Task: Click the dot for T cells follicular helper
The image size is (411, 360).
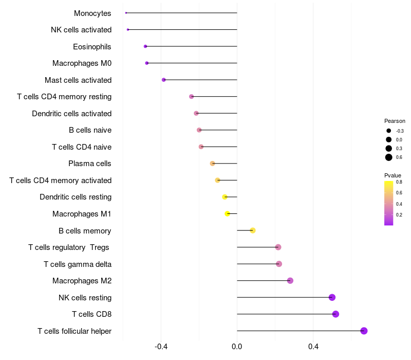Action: click(364, 331)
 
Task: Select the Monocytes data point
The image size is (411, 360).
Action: click(126, 13)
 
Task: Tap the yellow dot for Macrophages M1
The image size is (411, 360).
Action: click(228, 213)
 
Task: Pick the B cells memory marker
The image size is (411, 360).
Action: click(253, 230)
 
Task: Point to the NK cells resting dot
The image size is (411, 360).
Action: click(332, 297)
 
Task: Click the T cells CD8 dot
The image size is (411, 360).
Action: click(335, 314)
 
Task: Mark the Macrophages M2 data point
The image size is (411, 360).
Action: click(290, 280)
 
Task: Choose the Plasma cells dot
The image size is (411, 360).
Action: click(212, 164)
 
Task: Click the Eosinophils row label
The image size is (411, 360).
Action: click(92, 47)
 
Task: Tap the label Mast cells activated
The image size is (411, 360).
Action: click(78, 80)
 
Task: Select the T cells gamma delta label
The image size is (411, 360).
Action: click(78, 264)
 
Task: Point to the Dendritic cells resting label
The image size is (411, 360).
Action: click(76, 197)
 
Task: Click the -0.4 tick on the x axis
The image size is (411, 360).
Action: click(161, 347)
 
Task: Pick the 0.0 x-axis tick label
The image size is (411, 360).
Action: click(237, 347)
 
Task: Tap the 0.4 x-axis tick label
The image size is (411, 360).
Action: click(313, 347)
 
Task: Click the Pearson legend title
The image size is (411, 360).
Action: click(395, 121)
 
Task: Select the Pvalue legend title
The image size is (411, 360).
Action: click(393, 175)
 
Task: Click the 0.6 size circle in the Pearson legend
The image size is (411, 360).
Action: click(389, 157)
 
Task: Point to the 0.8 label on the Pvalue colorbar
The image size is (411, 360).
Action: click(399, 182)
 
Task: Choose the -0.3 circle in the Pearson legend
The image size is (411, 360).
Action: click(389, 131)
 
